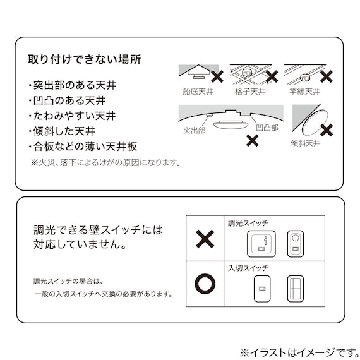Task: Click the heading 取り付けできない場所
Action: click(x=84, y=61)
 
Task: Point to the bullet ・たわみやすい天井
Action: click(x=71, y=116)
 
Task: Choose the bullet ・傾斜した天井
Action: click(x=61, y=131)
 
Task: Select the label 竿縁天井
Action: click(x=304, y=92)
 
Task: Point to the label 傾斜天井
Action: click(x=305, y=144)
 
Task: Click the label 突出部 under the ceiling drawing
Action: click(x=195, y=131)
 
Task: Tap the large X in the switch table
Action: click(x=205, y=239)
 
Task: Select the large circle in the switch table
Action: click(x=205, y=282)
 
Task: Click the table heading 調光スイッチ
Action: click(x=248, y=223)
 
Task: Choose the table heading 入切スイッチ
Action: click(x=248, y=268)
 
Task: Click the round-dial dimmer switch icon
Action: click(x=296, y=243)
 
